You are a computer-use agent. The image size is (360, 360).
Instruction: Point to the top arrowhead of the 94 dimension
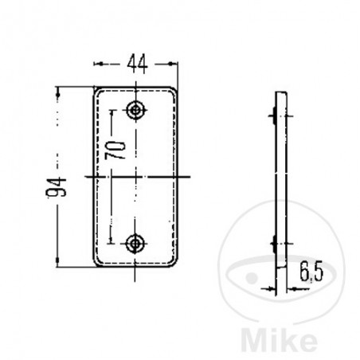tap(58, 90)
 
